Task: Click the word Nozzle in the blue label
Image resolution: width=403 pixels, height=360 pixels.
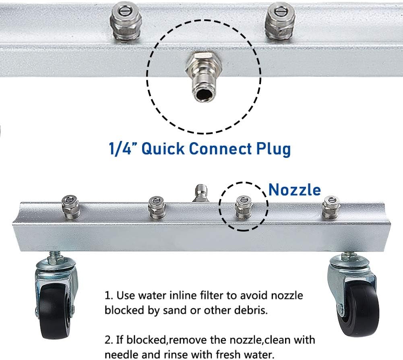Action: [295, 190]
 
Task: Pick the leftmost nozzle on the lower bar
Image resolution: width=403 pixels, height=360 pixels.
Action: [70, 207]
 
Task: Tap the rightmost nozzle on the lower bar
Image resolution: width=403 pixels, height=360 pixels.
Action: [331, 207]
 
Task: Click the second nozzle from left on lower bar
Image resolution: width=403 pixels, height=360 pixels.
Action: [157, 208]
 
